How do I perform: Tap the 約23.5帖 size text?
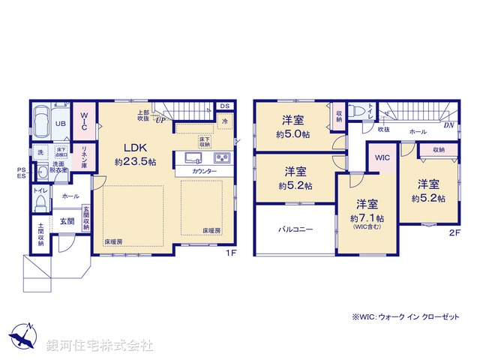[135, 161]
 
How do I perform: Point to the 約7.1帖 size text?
[367, 217]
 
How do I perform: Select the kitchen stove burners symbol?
[223, 158]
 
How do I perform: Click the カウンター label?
[204, 172]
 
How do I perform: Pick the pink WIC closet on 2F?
[382, 158]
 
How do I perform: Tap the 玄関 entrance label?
[67, 221]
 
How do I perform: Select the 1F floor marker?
[232, 253]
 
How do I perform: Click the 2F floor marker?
[454, 233]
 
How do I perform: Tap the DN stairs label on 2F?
[448, 126]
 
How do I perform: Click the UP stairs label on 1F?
[160, 118]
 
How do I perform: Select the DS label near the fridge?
[225, 106]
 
